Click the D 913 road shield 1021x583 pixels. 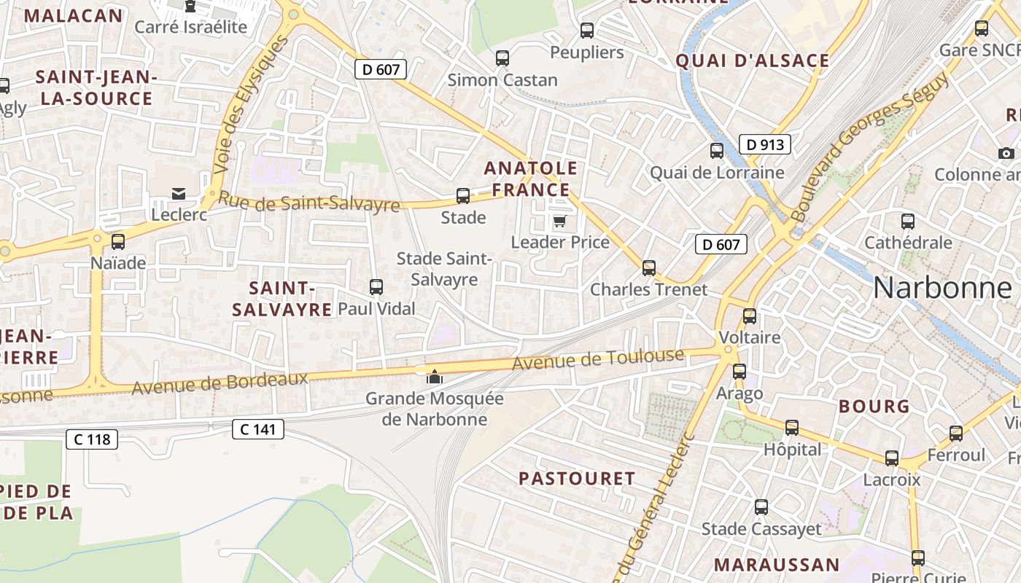click(x=765, y=144)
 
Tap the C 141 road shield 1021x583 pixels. click(x=258, y=429)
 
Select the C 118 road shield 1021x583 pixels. click(x=92, y=439)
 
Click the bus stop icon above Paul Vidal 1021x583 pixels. click(x=376, y=287)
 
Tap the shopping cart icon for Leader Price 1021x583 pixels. click(x=559, y=221)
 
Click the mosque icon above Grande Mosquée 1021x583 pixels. click(x=435, y=377)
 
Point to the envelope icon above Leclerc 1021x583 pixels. click(x=178, y=193)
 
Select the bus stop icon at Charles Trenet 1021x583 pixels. click(x=649, y=268)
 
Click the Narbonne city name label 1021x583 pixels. click(x=942, y=288)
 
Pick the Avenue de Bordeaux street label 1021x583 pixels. click(x=220, y=383)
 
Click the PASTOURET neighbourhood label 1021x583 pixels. click(x=577, y=479)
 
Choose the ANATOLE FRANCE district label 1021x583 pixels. click(x=530, y=179)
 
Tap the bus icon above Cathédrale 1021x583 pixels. click(x=908, y=222)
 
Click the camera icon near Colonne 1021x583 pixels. click(x=1006, y=153)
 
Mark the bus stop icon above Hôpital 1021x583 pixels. click(x=792, y=428)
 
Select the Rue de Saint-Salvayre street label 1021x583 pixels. click(x=309, y=202)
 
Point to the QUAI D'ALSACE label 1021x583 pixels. click(x=753, y=60)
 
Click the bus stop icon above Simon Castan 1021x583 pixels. click(x=502, y=58)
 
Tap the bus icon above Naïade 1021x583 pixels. click(x=118, y=242)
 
